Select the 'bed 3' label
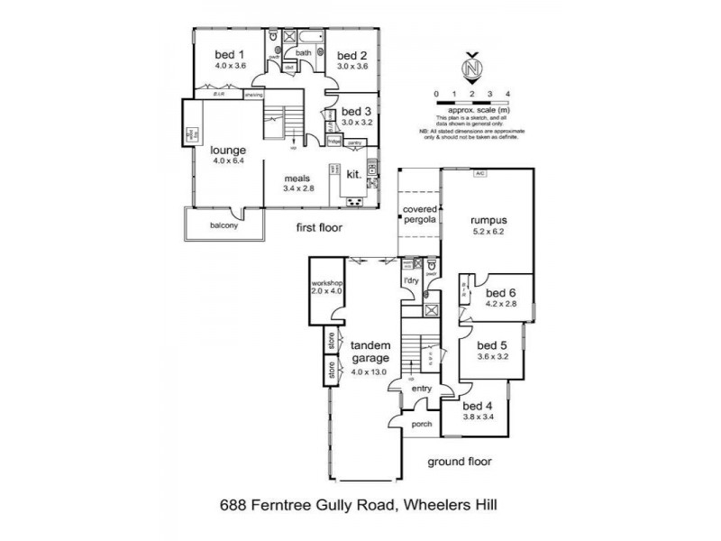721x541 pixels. click(x=356, y=111)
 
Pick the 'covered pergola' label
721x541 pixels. click(x=419, y=215)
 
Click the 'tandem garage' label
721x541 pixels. click(x=370, y=351)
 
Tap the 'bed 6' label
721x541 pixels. click(x=500, y=293)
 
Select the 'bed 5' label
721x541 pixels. click(x=492, y=345)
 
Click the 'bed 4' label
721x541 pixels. click(x=481, y=406)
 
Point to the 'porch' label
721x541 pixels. click(x=421, y=425)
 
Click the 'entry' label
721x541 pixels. click(x=421, y=389)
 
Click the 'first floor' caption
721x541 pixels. click(x=319, y=228)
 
